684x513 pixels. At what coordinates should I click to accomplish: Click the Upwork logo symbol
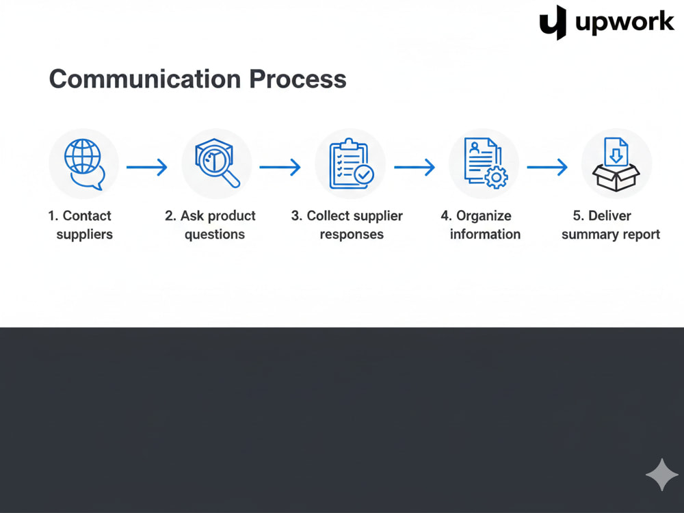[553, 23]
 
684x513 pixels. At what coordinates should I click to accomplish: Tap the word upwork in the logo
[624, 23]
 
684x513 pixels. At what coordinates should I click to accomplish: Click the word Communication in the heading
[145, 79]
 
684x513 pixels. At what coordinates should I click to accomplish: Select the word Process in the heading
[298, 79]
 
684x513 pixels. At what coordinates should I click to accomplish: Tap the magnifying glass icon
[217, 163]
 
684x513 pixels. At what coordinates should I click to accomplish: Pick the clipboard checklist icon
[351, 163]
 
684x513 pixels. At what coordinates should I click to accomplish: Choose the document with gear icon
[486, 163]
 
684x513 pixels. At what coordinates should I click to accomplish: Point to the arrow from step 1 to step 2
[147, 167]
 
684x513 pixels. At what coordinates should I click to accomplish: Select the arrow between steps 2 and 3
[280, 167]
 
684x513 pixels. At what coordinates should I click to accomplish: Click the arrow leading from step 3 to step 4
[415, 167]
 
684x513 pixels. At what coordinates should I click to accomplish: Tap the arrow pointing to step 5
[547, 167]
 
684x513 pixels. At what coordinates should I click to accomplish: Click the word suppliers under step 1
[85, 235]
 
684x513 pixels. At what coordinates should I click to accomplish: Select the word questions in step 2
[215, 235]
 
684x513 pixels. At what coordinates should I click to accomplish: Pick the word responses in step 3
[352, 235]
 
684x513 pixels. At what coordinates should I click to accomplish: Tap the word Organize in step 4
[484, 216]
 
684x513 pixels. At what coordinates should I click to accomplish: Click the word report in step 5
[642, 235]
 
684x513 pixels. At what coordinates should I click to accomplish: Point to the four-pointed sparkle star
[662, 475]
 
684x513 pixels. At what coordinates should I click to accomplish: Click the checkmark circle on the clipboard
[363, 175]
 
